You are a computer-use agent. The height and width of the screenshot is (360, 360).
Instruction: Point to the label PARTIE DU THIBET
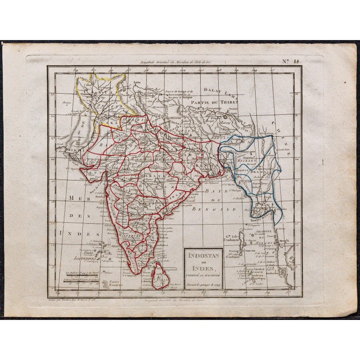(214, 102)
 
